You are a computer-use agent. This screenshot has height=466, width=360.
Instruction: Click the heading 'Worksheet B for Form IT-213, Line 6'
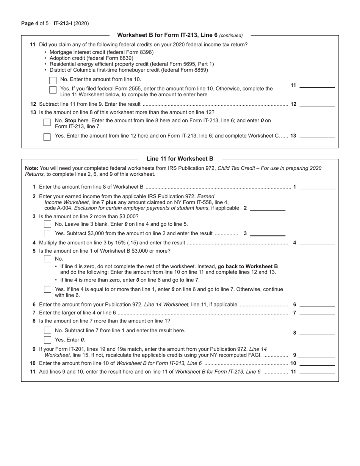167,35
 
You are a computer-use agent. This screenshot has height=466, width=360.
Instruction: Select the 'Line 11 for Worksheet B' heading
180,159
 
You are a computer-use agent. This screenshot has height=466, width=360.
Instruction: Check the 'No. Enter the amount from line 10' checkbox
53,80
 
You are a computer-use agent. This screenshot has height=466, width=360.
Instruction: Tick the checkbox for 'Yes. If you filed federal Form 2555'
53,90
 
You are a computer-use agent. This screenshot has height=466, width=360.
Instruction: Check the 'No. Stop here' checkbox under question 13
47,122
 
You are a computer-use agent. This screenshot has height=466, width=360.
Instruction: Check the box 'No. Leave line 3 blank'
47,224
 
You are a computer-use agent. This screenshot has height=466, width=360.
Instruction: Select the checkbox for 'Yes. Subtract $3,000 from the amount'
47,233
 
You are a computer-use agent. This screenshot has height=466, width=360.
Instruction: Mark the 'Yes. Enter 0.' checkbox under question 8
47,339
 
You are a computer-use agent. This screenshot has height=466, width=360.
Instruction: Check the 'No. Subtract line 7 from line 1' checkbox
47,330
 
